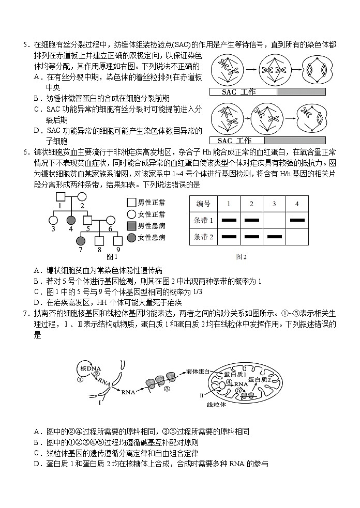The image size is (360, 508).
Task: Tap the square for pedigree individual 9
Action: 118,240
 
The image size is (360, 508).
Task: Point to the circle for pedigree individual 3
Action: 52,220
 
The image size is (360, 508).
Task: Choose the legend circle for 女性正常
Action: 131,214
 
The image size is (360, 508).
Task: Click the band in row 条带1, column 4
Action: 296,220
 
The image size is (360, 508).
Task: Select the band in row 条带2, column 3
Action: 274,237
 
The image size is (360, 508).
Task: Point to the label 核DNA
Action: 91,368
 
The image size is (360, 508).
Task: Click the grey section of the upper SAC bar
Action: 301,92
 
